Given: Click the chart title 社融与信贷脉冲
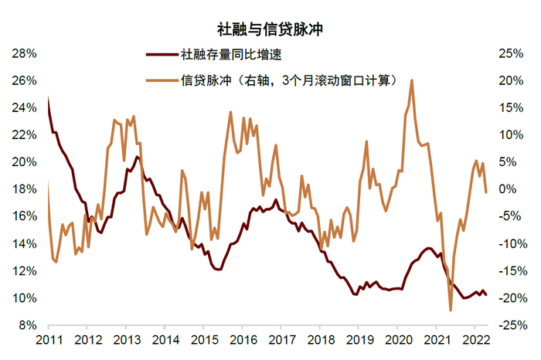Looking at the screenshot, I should [270, 31].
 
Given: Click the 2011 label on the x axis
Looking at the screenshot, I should [48, 340].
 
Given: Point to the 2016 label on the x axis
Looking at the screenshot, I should [243, 340].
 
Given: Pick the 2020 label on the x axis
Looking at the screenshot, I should [398, 340].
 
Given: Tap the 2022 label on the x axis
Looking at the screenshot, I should [476, 340].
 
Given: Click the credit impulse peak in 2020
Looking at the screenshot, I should [411, 80].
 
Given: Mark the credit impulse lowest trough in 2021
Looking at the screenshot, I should [451, 310].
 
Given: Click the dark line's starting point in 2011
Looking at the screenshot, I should [48, 97].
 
